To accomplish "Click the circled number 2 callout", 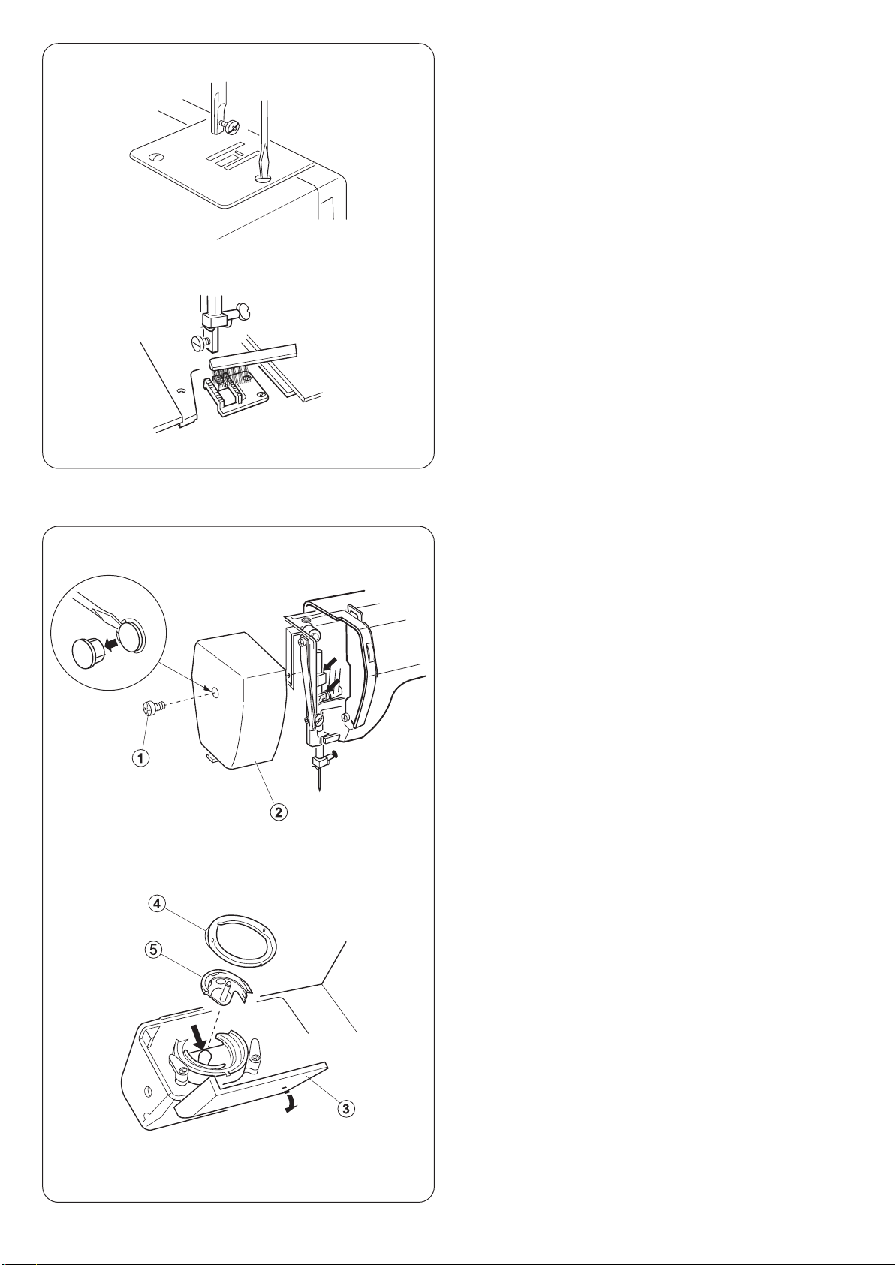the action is [278, 812].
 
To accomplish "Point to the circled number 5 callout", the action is [152, 950].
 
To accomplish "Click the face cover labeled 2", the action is [240, 700].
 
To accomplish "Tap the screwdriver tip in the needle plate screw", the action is [263, 176].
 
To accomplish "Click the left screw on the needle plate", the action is [154, 156].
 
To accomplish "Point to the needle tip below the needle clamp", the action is [319, 790].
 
